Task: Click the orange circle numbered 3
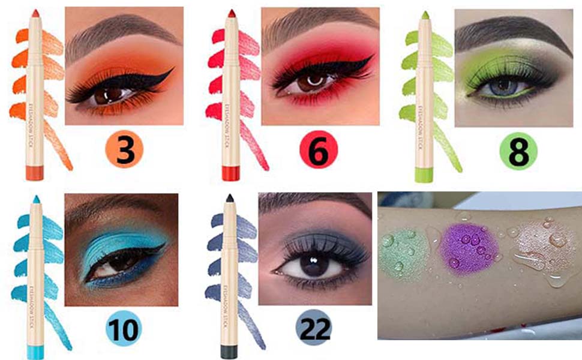pyautogui.click(x=125, y=151)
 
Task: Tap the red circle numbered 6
pyautogui.click(x=318, y=151)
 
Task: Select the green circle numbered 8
pyautogui.click(x=518, y=151)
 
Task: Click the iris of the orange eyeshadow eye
pyautogui.click(x=113, y=95)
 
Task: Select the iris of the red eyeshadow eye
pyautogui.click(x=310, y=83)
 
